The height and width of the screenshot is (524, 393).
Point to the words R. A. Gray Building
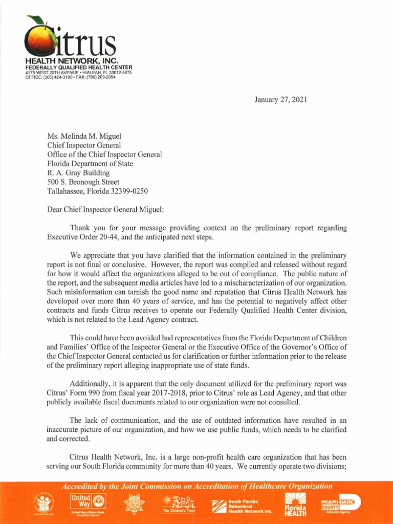[78, 173]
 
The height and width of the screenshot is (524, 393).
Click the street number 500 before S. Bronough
[53, 182]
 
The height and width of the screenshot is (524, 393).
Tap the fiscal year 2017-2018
[157, 393]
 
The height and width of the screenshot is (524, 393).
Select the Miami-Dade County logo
[340, 503]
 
